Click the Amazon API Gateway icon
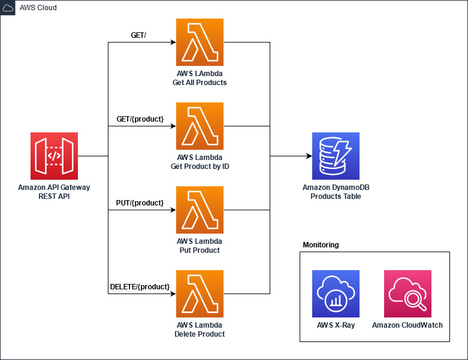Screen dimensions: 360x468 (54, 156)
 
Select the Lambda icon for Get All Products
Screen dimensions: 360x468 (200, 42)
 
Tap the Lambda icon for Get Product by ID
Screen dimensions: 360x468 (200, 126)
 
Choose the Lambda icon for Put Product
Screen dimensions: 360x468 (200, 210)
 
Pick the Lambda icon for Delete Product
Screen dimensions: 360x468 (200, 294)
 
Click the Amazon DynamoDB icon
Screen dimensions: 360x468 (336, 156)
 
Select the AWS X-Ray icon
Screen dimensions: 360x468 (336, 294)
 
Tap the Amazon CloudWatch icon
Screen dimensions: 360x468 (407, 294)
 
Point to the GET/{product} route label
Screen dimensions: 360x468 (140, 119)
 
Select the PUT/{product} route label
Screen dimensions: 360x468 (140, 203)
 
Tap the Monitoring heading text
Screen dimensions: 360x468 (321, 245)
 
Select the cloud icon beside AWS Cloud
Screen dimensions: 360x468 (8, 7)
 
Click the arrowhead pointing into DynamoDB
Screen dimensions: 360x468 (309, 156)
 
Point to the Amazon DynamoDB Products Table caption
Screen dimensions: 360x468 (336, 192)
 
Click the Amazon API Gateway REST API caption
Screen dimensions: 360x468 (54, 192)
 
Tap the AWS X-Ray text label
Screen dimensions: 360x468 (336, 325)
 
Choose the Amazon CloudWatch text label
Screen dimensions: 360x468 (407, 325)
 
